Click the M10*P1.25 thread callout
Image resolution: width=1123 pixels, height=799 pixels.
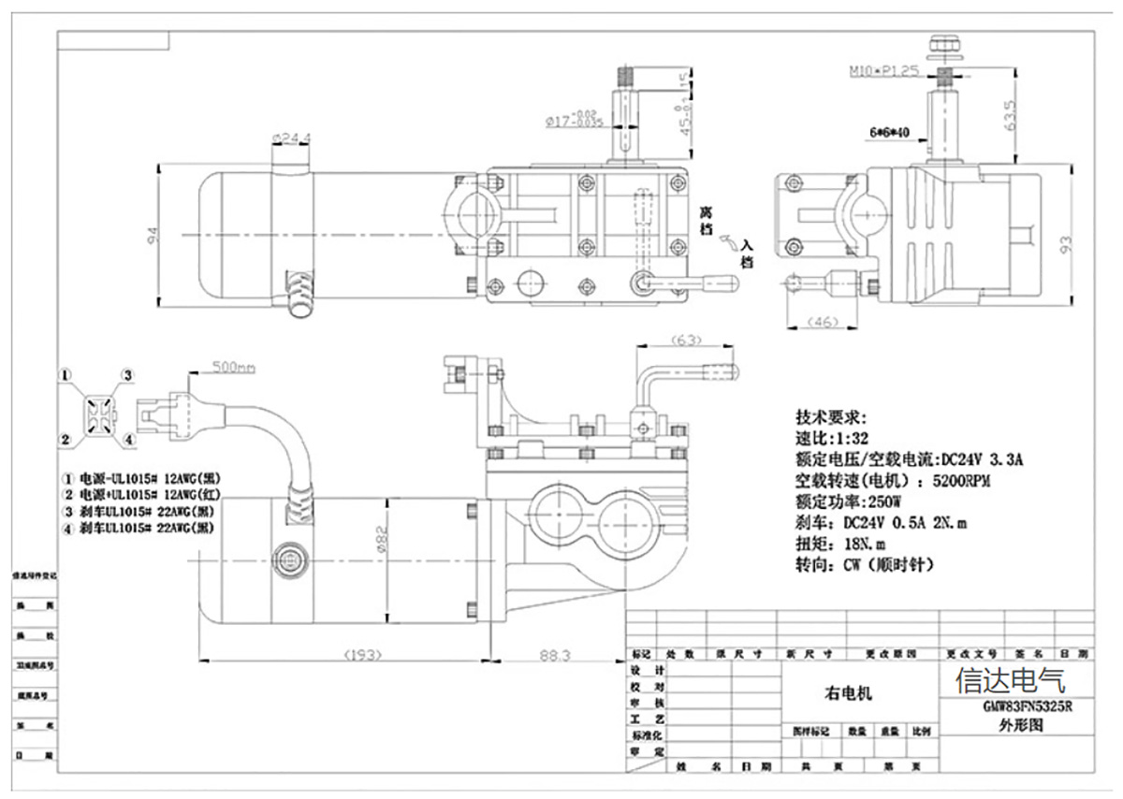click(883, 70)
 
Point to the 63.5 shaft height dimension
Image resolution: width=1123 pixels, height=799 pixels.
click(1009, 117)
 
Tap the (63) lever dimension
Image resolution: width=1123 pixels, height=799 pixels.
click(687, 340)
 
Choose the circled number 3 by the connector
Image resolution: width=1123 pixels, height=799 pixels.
click(129, 375)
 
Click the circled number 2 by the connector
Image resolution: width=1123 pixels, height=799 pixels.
click(66, 440)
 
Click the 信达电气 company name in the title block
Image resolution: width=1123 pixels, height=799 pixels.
click(1010, 679)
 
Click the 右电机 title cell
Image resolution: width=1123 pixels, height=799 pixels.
click(848, 693)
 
